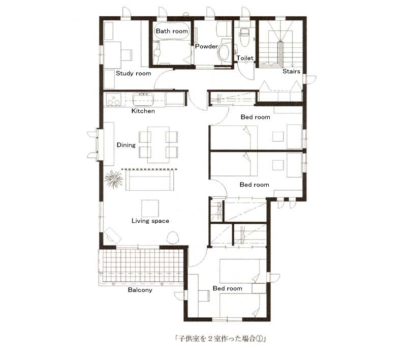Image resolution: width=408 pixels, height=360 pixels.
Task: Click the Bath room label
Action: pyautogui.click(x=172, y=31)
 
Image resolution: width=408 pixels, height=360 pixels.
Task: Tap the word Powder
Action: pyautogui.click(x=206, y=46)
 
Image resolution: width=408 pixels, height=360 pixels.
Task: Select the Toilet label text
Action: pyautogui.click(x=245, y=58)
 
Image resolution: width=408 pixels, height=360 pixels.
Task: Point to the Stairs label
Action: pyautogui.click(x=291, y=71)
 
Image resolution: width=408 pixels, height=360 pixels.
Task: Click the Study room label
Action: pyautogui.click(x=134, y=73)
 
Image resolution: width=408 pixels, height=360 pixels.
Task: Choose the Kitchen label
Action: pyautogui.click(x=143, y=111)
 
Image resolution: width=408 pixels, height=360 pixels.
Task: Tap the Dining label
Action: pyautogui.click(x=126, y=145)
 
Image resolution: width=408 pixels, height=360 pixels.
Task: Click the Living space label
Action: pyautogui.click(x=150, y=221)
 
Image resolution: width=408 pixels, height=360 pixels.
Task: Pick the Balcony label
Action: pyautogui.click(x=140, y=290)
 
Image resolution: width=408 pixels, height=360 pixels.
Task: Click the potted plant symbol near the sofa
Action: pyautogui.click(x=114, y=179)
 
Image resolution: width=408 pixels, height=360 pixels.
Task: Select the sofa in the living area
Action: pyautogui.click(x=150, y=181)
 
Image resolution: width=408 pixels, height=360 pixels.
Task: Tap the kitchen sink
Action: pyautogui.click(x=143, y=99)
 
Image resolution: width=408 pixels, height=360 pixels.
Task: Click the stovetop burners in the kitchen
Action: pyautogui.click(x=114, y=100)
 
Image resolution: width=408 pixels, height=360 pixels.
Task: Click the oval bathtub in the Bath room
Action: pyautogui.click(x=172, y=31)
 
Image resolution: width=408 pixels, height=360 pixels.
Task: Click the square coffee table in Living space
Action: pyautogui.click(x=150, y=208)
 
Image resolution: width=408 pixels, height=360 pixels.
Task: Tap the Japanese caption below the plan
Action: pyautogui.click(x=220, y=338)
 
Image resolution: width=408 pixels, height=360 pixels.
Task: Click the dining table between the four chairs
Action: pyautogui.click(x=159, y=144)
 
